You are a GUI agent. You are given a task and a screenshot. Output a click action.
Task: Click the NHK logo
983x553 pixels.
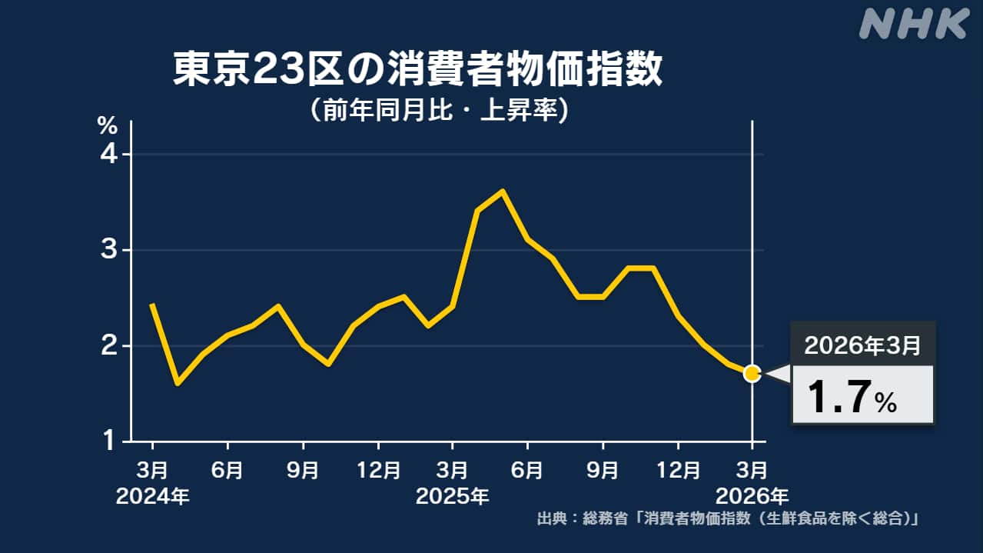pyautogui.click(x=912, y=24)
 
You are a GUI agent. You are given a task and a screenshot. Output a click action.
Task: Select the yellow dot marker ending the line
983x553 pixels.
pyautogui.click(x=752, y=373)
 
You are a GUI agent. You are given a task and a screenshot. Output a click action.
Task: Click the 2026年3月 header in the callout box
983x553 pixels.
pyautogui.click(x=862, y=346)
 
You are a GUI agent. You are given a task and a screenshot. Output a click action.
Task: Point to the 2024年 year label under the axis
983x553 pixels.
pyautogui.click(x=152, y=496)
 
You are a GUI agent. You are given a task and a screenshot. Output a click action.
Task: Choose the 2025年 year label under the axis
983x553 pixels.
pyautogui.click(x=452, y=496)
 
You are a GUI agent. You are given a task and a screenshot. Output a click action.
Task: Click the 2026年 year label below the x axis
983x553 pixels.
pyautogui.click(x=752, y=496)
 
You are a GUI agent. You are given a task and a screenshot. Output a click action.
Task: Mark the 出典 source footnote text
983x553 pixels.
pyautogui.click(x=728, y=519)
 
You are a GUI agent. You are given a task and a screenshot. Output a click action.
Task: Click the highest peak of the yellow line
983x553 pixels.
pyautogui.click(x=502, y=191)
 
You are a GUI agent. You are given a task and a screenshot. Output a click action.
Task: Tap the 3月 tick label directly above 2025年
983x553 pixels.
pyautogui.click(x=452, y=468)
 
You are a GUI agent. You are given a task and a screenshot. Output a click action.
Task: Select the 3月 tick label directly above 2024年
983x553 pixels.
pyautogui.click(x=152, y=468)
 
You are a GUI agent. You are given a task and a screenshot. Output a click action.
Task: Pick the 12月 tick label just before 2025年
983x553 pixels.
pyautogui.click(x=377, y=468)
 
